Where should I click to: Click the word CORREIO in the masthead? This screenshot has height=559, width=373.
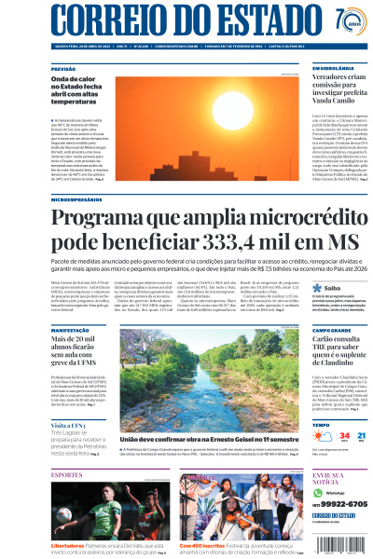click(x=104, y=20)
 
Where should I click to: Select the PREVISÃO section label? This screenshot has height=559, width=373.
click(x=63, y=69)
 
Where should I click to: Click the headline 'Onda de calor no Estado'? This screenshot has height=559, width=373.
click(x=80, y=89)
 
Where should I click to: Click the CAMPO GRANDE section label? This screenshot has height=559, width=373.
click(x=331, y=329)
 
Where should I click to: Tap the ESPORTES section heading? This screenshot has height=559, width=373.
click(x=67, y=474)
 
